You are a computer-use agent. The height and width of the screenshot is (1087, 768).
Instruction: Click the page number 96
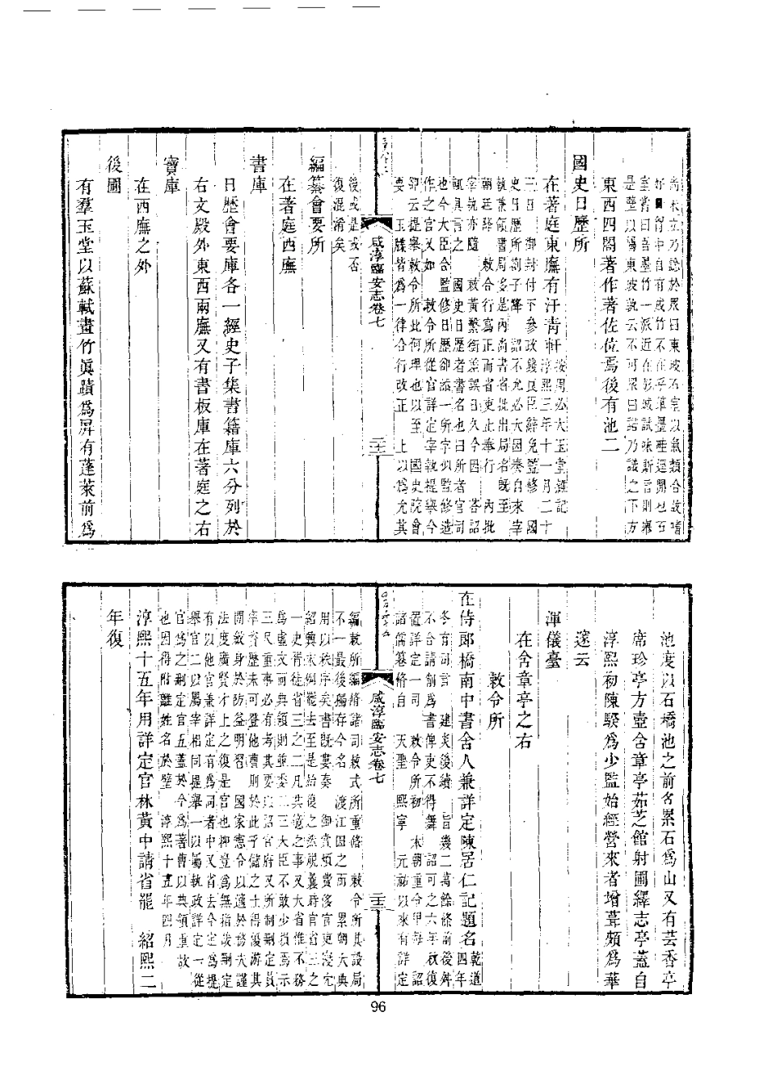pos(379,1006)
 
